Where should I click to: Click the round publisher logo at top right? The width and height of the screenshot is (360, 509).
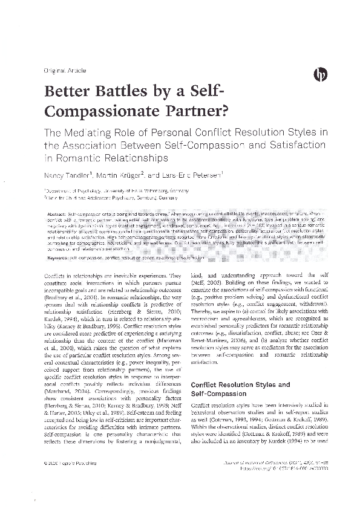[x=320, y=74]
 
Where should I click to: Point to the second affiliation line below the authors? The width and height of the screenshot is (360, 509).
[x=103, y=197]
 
